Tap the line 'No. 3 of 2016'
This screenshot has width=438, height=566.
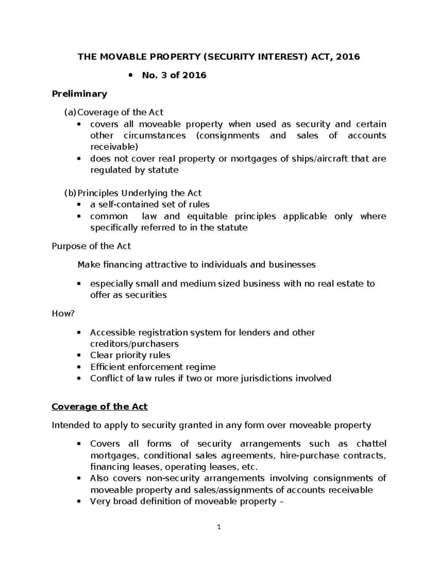tap(174, 75)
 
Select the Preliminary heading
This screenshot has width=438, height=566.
tap(79, 94)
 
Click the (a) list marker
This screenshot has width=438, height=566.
tap(70, 112)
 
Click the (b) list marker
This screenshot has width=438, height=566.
tap(70, 193)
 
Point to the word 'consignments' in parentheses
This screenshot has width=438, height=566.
tap(228, 136)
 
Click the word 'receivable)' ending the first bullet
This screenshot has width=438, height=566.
tap(114, 147)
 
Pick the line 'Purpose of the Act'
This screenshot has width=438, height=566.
tap(91, 246)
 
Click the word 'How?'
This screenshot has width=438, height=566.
tap(63, 313)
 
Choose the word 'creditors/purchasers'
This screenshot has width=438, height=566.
tap(134, 344)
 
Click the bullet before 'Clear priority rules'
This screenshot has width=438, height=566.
tap(79, 355)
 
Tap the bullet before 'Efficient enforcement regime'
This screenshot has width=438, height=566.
tap(79, 367)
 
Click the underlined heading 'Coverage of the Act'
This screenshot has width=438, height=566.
tap(100, 406)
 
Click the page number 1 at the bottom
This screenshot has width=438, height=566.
tap(219, 527)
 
